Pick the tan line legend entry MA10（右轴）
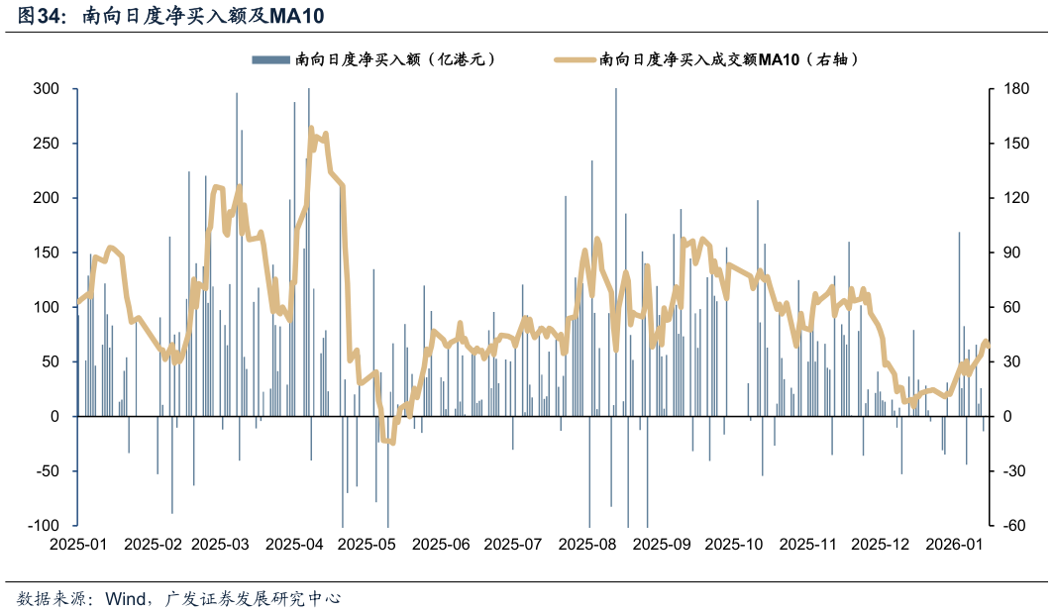(x=728, y=60)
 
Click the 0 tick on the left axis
(x=56, y=417)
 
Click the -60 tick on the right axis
(x=1013, y=526)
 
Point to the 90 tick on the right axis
(x=1010, y=253)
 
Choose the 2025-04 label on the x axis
(x=295, y=544)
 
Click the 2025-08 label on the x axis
(x=587, y=544)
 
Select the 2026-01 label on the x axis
(x=954, y=544)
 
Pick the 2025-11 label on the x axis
(x=807, y=544)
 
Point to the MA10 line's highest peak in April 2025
(x=311, y=129)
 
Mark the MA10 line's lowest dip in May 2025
(x=392, y=442)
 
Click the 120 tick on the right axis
(x=1013, y=198)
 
